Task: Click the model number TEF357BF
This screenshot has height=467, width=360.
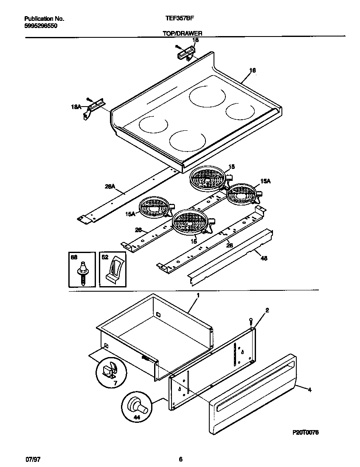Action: [x=177, y=19]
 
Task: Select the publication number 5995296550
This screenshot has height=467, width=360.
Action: [x=41, y=25]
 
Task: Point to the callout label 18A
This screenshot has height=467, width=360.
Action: [x=76, y=107]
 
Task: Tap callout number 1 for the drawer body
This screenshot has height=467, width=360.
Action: [x=197, y=294]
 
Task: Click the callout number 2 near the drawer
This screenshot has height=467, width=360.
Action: [x=267, y=310]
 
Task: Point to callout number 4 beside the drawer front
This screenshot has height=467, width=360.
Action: [x=309, y=390]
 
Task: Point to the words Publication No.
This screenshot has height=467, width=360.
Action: [x=44, y=19]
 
